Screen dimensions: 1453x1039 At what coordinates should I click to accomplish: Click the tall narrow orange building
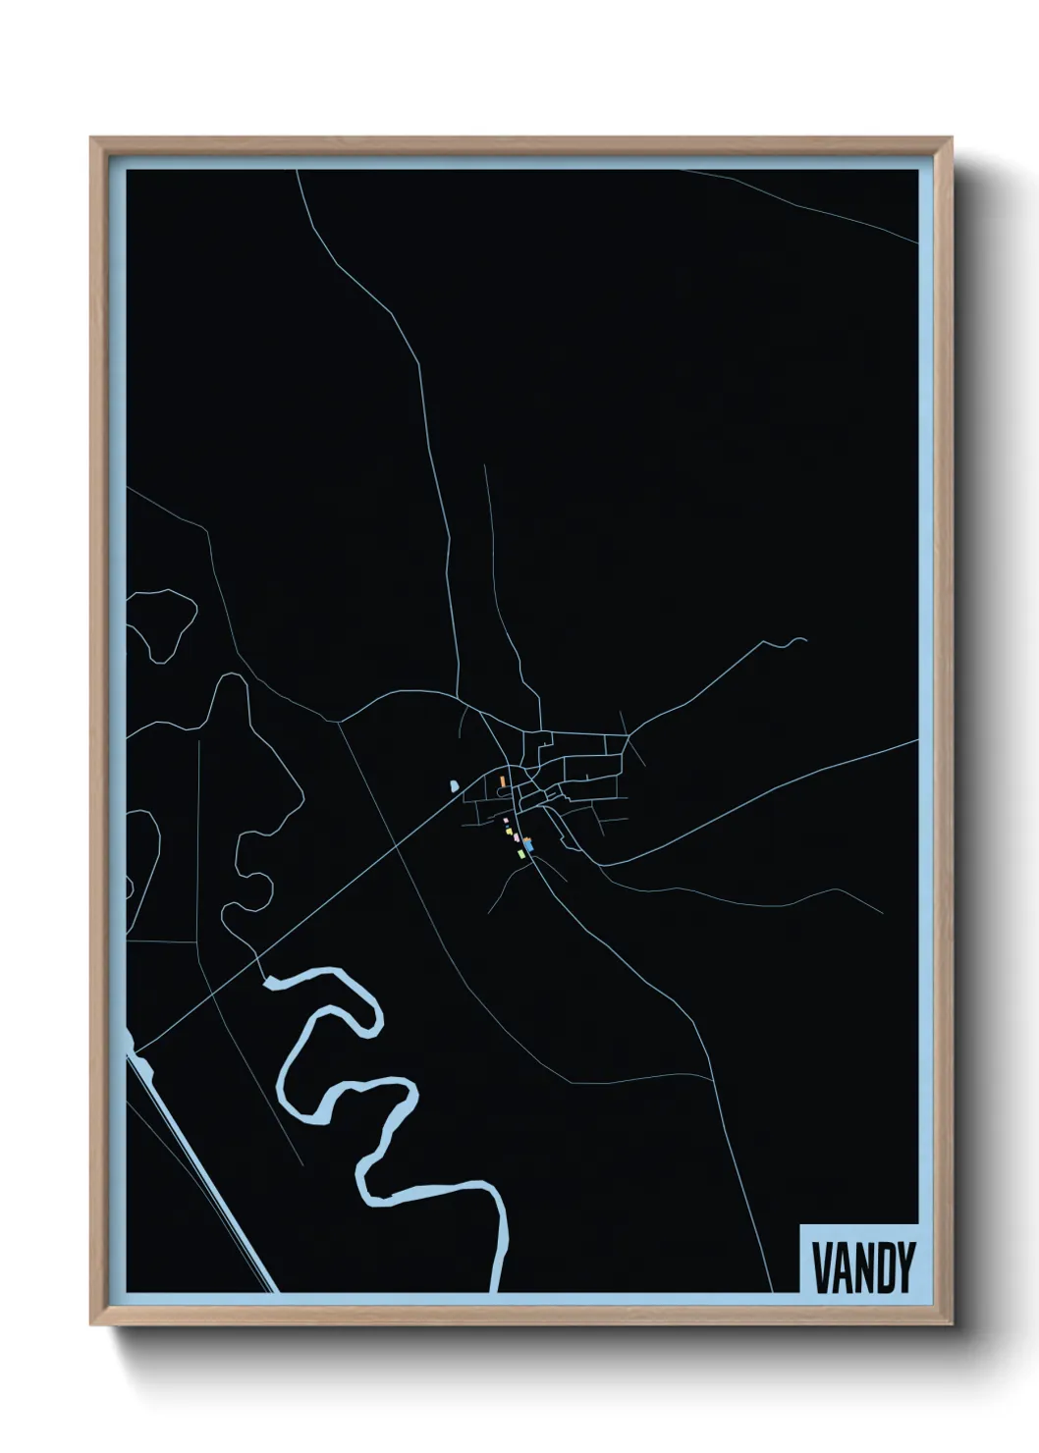click(502, 781)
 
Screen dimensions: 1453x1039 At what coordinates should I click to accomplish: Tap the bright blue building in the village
click(528, 843)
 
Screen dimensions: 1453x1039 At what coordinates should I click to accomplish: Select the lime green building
click(522, 855)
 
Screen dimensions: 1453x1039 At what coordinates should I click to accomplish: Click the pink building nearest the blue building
click(518, 839)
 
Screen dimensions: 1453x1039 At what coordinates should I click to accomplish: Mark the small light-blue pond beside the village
click(453, 785)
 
